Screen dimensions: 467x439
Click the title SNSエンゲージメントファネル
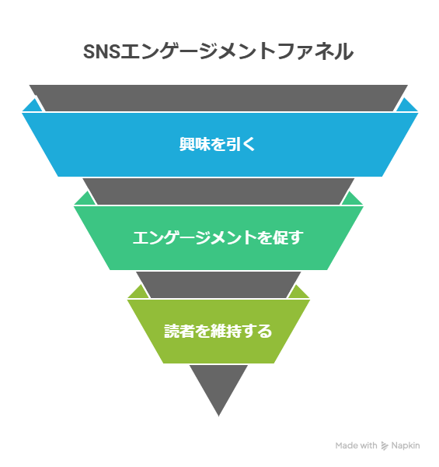218,52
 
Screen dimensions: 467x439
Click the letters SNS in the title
102,52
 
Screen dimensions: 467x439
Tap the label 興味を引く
218,144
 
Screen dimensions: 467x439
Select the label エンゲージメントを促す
218,237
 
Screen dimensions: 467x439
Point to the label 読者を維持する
218,331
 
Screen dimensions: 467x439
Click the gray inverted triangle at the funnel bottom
218,385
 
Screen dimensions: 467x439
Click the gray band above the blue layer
218,97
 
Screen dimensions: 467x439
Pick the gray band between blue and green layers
218,191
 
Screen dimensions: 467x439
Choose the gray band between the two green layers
218,284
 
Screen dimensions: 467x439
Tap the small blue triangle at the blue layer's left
31,107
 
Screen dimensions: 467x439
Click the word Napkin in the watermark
406,445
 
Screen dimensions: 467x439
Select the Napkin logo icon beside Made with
385,446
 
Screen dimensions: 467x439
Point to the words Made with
356,445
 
